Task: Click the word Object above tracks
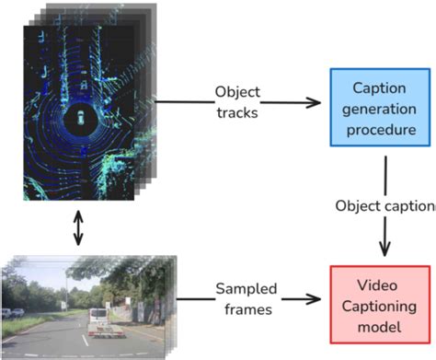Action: (236, 92)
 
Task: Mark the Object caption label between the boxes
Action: (385, 204)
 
